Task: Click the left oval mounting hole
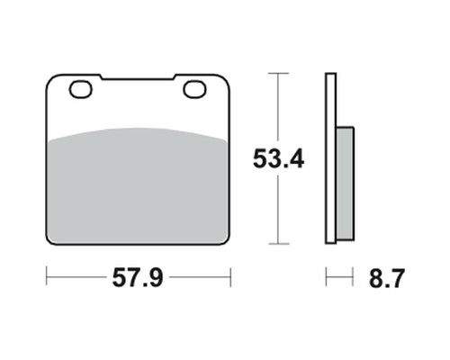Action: click(x=81, y=89)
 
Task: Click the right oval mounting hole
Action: click(x=194, y=89)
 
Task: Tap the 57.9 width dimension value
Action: click(x=138, y=278)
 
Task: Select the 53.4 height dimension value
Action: click(x=279, y=158)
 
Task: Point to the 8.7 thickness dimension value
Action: click(x=387, y=278)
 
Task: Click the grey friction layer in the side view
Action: click(x=345, y=184)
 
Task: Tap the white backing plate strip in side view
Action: click(x=331, y=158)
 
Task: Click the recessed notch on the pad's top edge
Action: click(x=138, y=77)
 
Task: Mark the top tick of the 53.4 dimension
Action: click(x=279, y=73)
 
